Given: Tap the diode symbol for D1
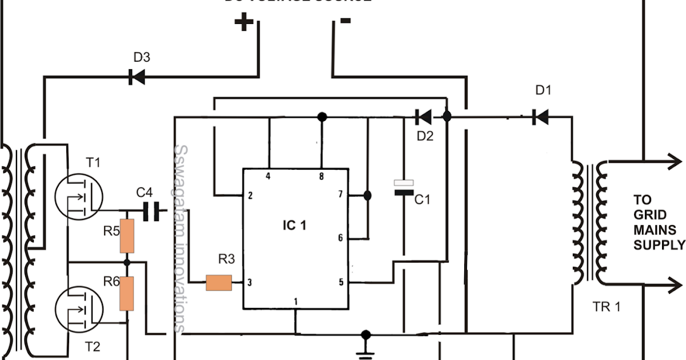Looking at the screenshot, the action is point(540,117).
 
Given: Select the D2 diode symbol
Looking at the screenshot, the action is point(423,117).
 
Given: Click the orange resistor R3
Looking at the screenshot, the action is point(219,282).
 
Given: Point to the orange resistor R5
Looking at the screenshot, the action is point(127,235).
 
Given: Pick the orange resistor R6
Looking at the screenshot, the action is point(127,293).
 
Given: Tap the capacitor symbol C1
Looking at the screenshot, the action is point(404,188).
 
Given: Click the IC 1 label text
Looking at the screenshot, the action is point(294,226).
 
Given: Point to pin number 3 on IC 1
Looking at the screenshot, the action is point(249,282).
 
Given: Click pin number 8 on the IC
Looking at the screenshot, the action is point(321,177).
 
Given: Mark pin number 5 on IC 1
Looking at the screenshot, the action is point(341,282).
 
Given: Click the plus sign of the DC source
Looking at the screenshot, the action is point(244,23).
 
